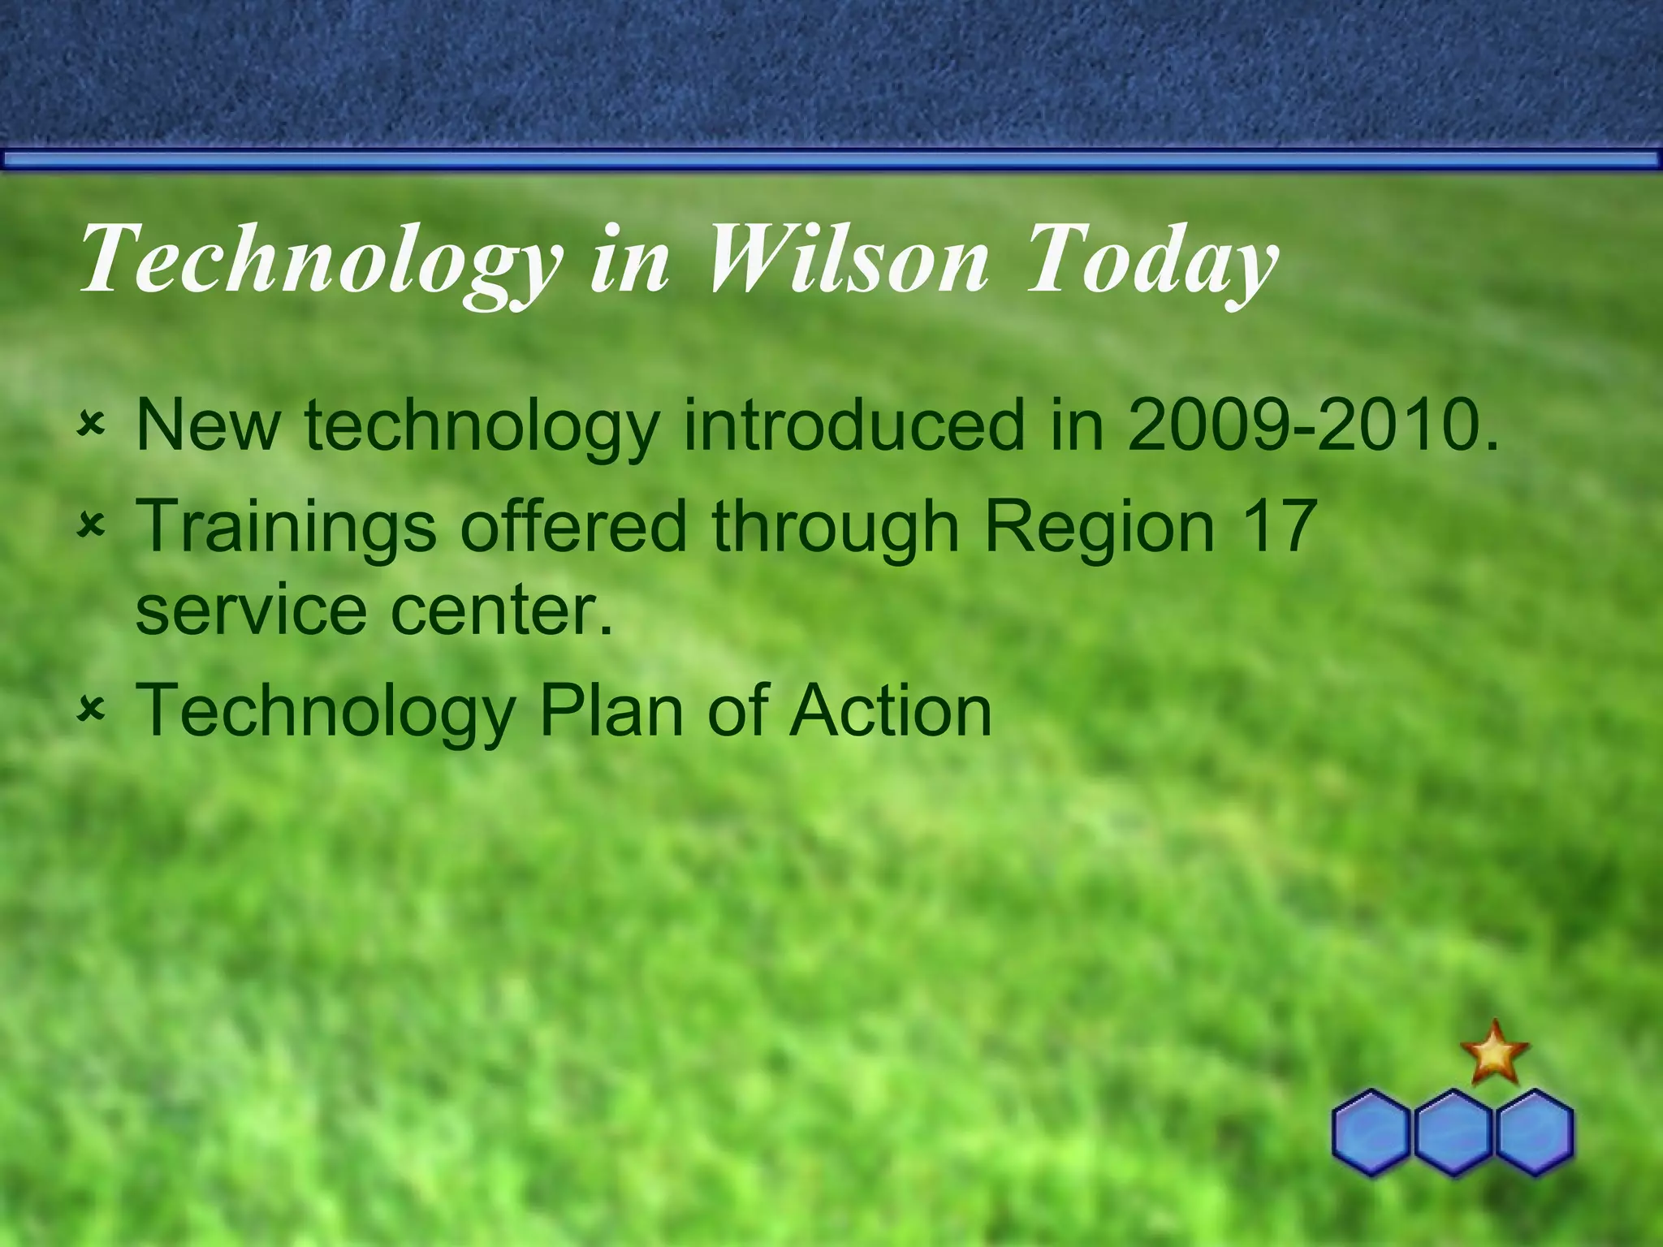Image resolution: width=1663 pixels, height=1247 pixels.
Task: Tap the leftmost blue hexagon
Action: click(1371, 1132)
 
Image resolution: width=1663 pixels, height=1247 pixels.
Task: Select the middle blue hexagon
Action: click(1453, 1132)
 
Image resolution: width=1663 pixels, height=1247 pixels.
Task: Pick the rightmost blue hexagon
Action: click(1534, 1132)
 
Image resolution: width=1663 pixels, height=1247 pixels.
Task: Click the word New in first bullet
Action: click(208, 425)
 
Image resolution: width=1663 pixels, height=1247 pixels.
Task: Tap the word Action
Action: click(891, 711)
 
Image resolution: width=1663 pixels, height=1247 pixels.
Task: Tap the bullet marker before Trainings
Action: click(91, 528)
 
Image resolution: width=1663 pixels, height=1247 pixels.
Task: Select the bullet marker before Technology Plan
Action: click(91, 710)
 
